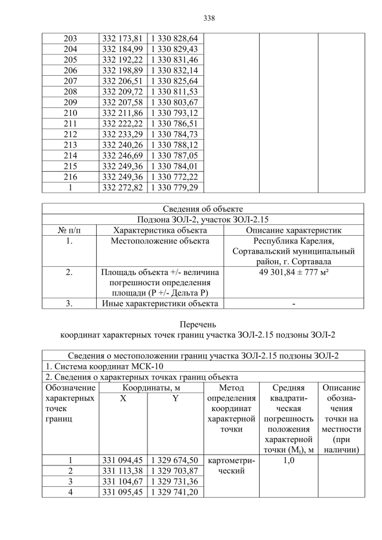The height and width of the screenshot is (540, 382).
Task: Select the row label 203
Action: click(x=70, y=38)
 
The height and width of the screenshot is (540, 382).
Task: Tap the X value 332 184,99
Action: click(x=122, y=48)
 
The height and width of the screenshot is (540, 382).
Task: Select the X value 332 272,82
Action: click(x=122, y=188)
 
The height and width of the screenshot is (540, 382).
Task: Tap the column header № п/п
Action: click(x=69, y=230)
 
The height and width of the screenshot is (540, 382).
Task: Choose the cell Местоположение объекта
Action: click(x=160, y=241)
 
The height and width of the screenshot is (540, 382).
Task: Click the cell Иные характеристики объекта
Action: click(x=160, y=304)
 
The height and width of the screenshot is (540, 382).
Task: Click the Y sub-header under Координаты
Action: click(x=175, y=399)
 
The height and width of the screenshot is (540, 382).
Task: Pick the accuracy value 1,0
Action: click(x=288, y=460)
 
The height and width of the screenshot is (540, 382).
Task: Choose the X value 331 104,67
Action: click(x=122, y=481)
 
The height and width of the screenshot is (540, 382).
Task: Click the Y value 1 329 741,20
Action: click(x=175, y=492)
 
